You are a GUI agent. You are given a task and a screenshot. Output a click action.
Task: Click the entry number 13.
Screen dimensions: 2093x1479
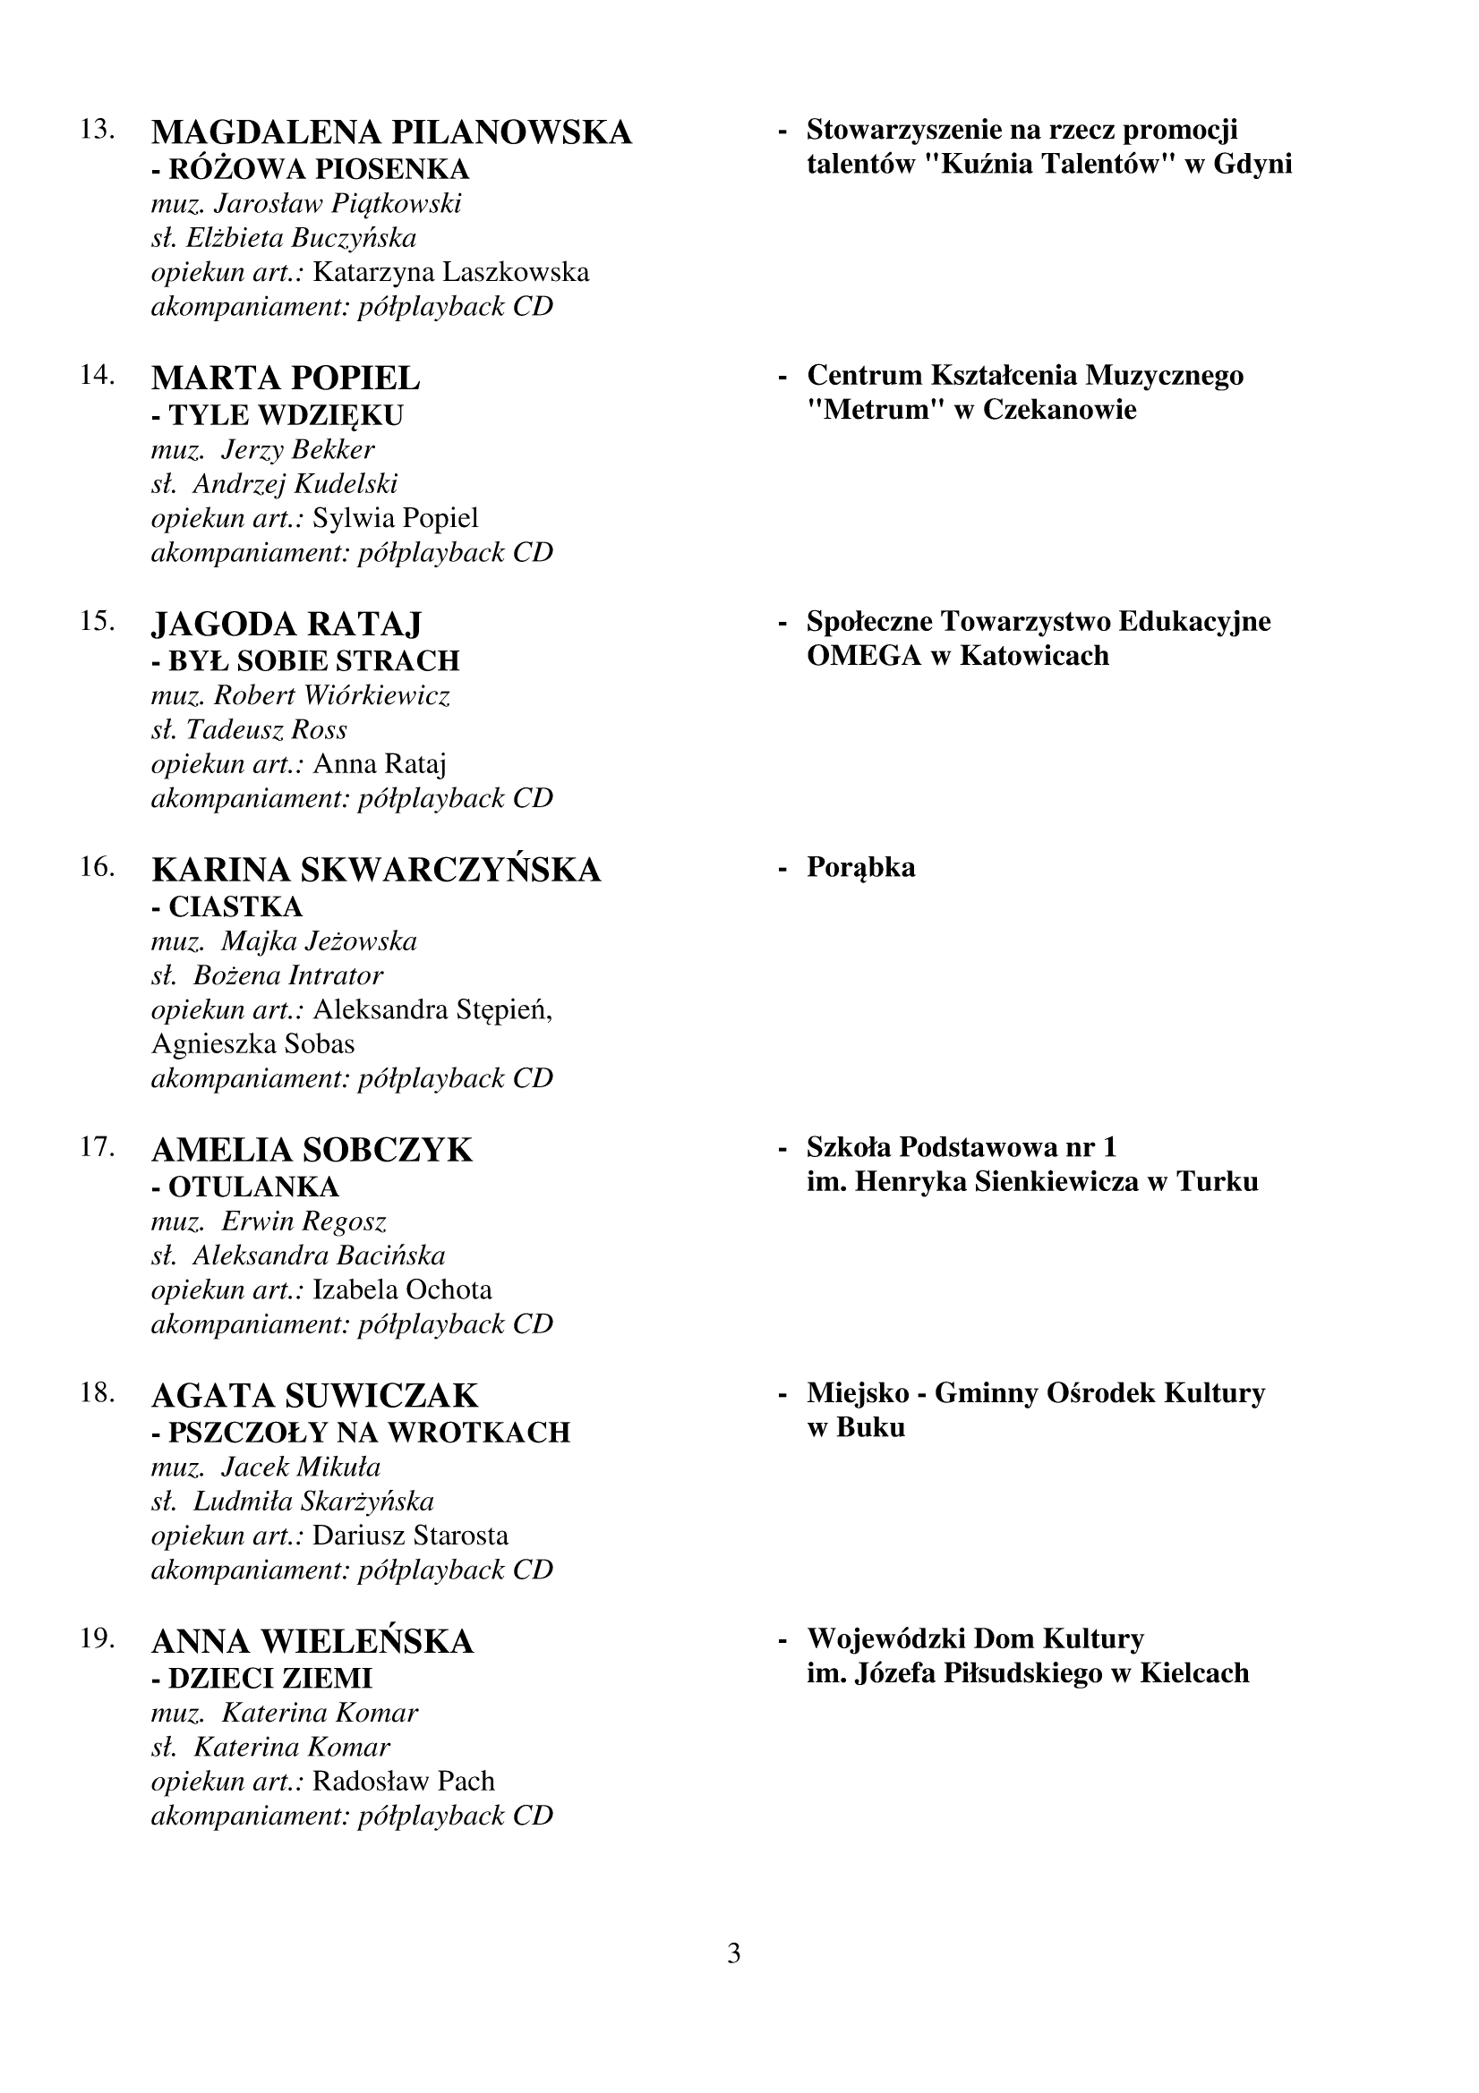97,130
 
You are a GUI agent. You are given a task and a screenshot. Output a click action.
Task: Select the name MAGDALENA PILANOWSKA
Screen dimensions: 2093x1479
391,133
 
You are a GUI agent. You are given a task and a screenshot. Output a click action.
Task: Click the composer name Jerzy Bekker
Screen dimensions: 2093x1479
298,449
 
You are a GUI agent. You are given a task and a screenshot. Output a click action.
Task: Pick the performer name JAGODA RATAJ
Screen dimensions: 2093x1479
287,625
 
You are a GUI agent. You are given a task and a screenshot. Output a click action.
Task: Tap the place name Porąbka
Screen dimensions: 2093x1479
860,867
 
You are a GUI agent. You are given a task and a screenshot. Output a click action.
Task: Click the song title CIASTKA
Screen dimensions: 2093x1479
235,907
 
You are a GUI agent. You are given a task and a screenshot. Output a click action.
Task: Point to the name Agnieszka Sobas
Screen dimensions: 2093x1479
252,1043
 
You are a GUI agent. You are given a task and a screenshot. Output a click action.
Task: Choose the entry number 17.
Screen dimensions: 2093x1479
97,1146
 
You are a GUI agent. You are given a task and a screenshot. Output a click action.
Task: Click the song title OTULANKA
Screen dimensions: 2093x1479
253,1187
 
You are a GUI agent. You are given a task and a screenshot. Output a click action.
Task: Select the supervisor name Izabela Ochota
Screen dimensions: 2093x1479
402,1290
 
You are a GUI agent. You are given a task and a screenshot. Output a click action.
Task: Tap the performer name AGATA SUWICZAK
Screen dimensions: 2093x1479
314,1396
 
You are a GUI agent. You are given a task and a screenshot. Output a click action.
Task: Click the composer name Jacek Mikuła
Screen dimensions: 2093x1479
301,1467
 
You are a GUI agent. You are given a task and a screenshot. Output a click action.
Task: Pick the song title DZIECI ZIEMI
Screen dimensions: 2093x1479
269,1678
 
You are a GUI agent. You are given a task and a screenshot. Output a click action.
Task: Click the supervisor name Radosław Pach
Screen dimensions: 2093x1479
403,1781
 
